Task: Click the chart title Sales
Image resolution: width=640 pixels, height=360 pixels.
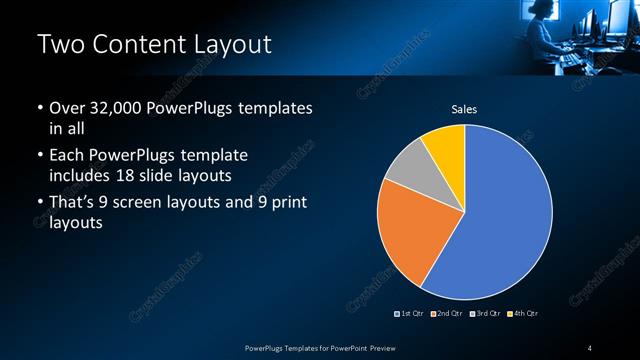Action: tap(464, 109)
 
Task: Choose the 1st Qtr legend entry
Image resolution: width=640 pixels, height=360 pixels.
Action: tap(411, 314)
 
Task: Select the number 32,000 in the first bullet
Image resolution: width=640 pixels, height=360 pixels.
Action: tap(116, 108)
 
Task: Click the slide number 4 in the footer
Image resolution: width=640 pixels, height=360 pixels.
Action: tap(590, 347)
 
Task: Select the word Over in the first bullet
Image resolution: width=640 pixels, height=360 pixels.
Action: tap(67, 108)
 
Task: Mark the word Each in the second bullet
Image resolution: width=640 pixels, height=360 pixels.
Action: tap(67, 157)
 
